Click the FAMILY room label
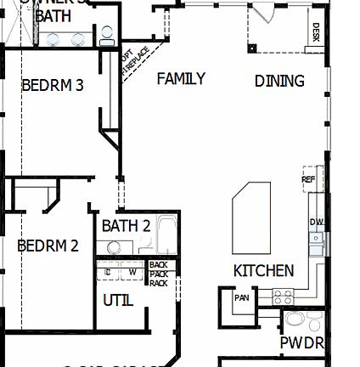[181, 79]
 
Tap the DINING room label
[279, 82]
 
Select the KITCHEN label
[264, 271]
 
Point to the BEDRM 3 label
[52, 85]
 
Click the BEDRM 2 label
[48, 246]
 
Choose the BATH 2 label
[126, 226]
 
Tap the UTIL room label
[118, 301]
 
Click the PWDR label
[301, 343]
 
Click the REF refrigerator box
[309, 179]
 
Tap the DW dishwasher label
[317, 223]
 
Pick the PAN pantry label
[242, 297]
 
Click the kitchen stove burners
[283, 296]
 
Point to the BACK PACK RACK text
[158, 274]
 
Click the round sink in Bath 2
[113, 247]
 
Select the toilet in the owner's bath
[106, 36]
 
